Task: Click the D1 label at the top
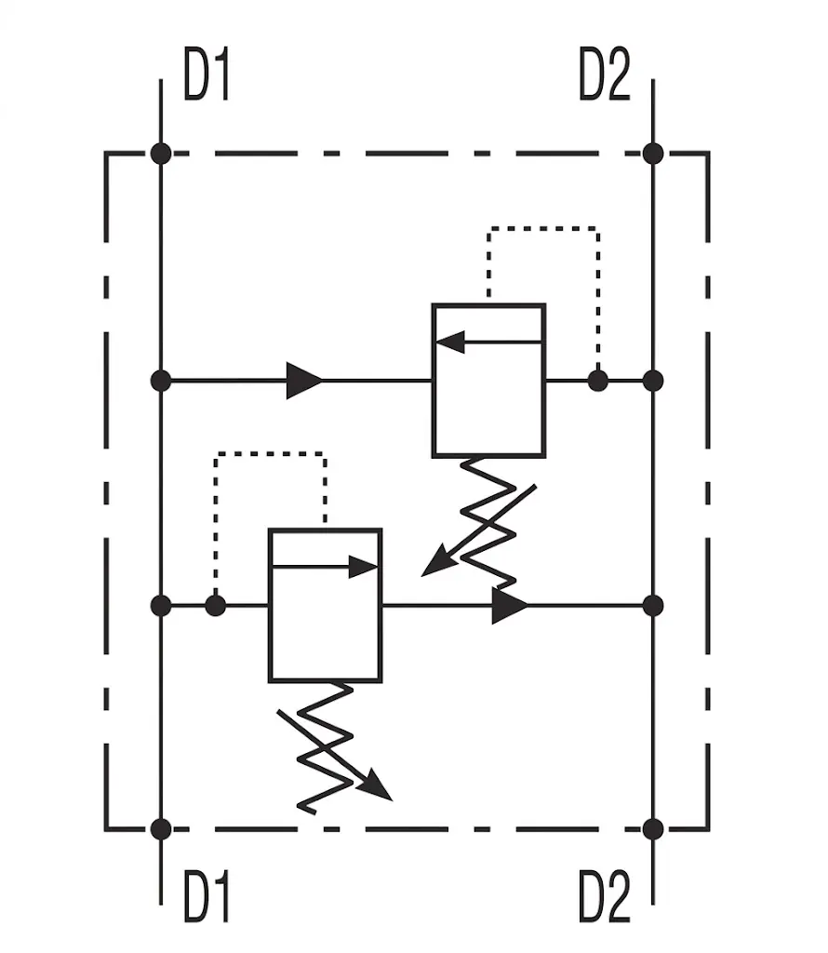[206, 74]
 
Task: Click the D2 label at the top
[605, 74]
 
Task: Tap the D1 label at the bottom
[206, 896]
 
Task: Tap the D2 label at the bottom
[605, 896]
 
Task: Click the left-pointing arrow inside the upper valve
[488, 342]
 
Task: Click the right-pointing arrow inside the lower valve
[325, 567]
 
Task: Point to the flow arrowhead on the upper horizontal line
[304, 381]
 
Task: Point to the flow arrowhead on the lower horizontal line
[510, 606]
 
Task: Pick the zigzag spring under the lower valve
[325, 747]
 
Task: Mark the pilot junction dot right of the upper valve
[598, 381]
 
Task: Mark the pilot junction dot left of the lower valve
[216, 606]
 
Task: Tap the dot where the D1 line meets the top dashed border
[161, 154]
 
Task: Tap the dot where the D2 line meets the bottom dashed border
[653, 829]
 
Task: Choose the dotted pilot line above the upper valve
[543, 229]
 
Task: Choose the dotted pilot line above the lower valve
[271, 454]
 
